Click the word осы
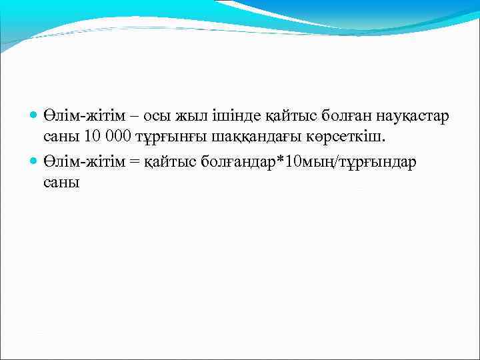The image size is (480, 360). coord(153,117)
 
